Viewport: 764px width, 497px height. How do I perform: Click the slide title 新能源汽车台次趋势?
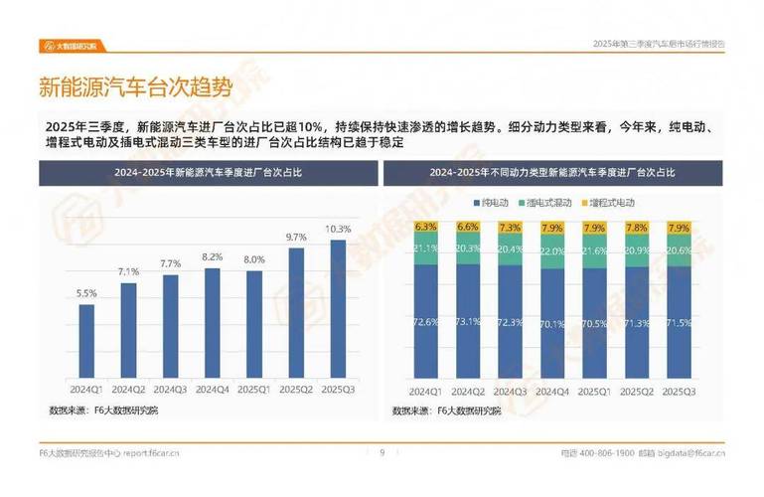(x=135, y=87)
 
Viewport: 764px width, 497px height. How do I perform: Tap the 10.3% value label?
(x=338, y=229)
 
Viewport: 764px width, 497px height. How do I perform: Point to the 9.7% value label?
(x=296, y=238)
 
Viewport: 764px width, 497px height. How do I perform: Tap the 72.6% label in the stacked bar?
(x=426, y=322)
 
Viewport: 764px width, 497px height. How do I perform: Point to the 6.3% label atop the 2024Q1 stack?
(x=426, y=227)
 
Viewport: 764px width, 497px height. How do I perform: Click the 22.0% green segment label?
(x=551, y=250)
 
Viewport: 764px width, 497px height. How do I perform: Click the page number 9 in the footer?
(x=382, y=453)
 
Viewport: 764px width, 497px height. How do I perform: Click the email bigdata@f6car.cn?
(x=695, y=454)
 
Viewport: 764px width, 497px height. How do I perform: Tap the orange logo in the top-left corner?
(x=76, y=45)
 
